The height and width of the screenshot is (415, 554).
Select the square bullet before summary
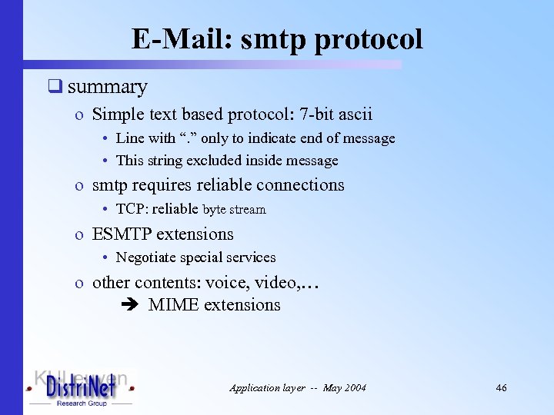click(55, 87)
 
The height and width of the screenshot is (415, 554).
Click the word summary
click(107, 87)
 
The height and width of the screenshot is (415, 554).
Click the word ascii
click(355, 115)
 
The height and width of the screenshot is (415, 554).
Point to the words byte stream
click(234, 210)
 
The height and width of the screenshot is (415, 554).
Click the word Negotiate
click(146, 257)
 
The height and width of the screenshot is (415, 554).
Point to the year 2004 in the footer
click(354, 388)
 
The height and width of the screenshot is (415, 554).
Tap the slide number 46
click(501, 388)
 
